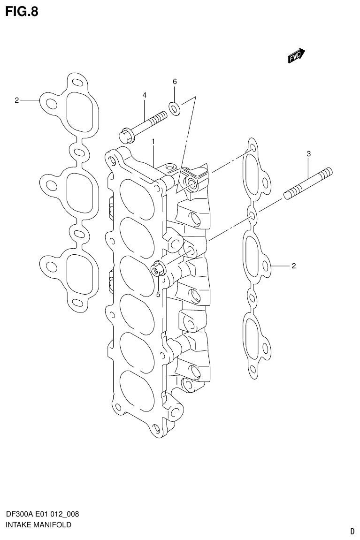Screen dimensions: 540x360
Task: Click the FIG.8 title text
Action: tap(22, 11)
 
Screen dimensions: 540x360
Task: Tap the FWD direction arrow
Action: tap(296, 56)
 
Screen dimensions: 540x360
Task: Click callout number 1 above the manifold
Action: tap(153, 141)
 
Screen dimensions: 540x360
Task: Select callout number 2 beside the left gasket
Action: tap(16, 100)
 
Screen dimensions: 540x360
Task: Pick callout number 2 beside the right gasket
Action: tap(293, 266)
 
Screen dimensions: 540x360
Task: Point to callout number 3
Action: tap(308, 153)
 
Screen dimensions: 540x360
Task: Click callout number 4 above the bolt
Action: tap(145, 95)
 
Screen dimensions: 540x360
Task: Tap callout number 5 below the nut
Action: tap(158, 295)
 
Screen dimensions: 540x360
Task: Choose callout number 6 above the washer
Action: tap(175, 82)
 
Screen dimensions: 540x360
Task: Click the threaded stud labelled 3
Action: tap(307, 183)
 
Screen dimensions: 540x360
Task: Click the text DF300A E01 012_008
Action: tap(42, 514)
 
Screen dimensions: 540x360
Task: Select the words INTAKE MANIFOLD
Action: tap(38, 525)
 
